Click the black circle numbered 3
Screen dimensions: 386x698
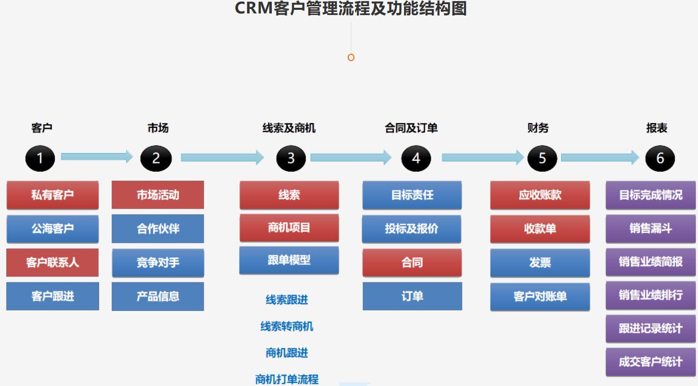click(x=291, y=158)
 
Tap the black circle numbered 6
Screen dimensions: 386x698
click(x=660, y=158)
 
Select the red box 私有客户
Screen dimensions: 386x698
click(x=52, y=195)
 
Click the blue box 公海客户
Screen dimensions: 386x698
click(x=52, y=229)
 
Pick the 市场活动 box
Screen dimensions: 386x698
click(x=158, y=195)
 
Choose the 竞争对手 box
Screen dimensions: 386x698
click(x=158, y=263)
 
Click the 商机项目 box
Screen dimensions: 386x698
click(x=289, y=228)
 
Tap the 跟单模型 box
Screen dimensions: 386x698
click(x=289, y=260)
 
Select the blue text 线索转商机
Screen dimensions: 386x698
click(x=287, y=326)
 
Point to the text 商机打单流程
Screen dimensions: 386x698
click(x=287, y=379)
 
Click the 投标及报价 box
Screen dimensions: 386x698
click(x=411, y=229)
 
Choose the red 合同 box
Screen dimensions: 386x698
click(x=412, y=263)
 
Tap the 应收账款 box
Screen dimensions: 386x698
click(x=540, y=195)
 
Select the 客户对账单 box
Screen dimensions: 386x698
click(x=540, y=296)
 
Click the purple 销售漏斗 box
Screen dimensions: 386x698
click(x=650, y=228)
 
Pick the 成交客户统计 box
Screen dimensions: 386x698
click(x=650, y=362)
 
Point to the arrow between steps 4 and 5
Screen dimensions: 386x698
click(x=483, y=157)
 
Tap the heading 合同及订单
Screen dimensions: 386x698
click(x=411, y=128)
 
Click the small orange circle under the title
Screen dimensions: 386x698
click(x=351, y=57)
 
